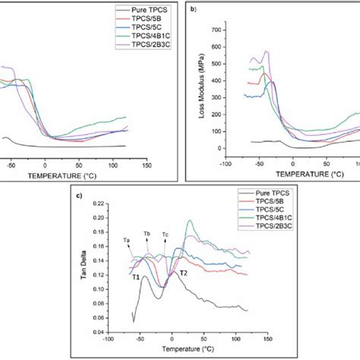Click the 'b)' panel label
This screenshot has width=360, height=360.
coord(194,10)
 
